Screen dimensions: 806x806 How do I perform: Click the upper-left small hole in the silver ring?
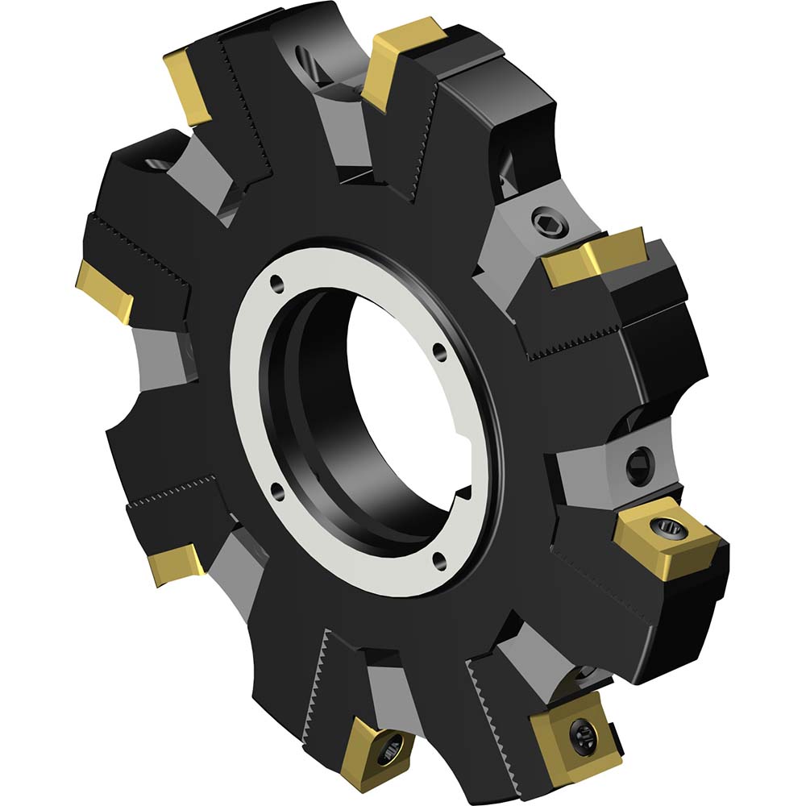276,282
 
